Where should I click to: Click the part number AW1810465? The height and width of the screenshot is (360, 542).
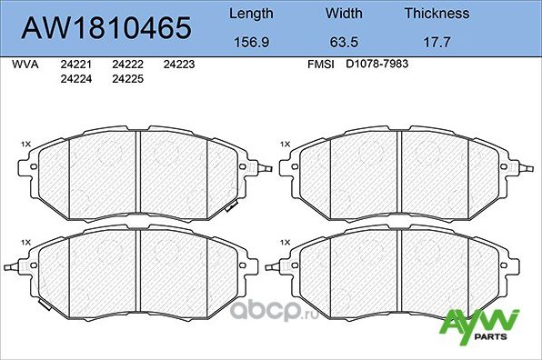click(106, 27)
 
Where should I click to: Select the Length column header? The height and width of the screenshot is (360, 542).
click(250, 14)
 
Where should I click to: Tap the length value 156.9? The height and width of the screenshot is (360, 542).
click(250, 41)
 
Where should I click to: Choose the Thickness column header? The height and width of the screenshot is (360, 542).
click(437, 14)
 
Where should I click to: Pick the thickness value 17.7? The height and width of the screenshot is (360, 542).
click(437, 41)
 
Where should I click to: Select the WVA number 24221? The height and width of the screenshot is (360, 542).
click(74, 65)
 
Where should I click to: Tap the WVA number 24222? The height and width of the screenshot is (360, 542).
click(126, 65)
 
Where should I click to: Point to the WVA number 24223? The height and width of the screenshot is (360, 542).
click(179, 65)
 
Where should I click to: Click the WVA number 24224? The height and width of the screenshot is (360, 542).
click(74, 79)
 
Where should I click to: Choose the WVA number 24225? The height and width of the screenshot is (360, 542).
click(126, 79)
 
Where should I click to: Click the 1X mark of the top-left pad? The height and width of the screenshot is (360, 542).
click(25, 144)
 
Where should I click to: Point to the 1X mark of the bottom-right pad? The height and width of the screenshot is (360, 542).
click(286, 241)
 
